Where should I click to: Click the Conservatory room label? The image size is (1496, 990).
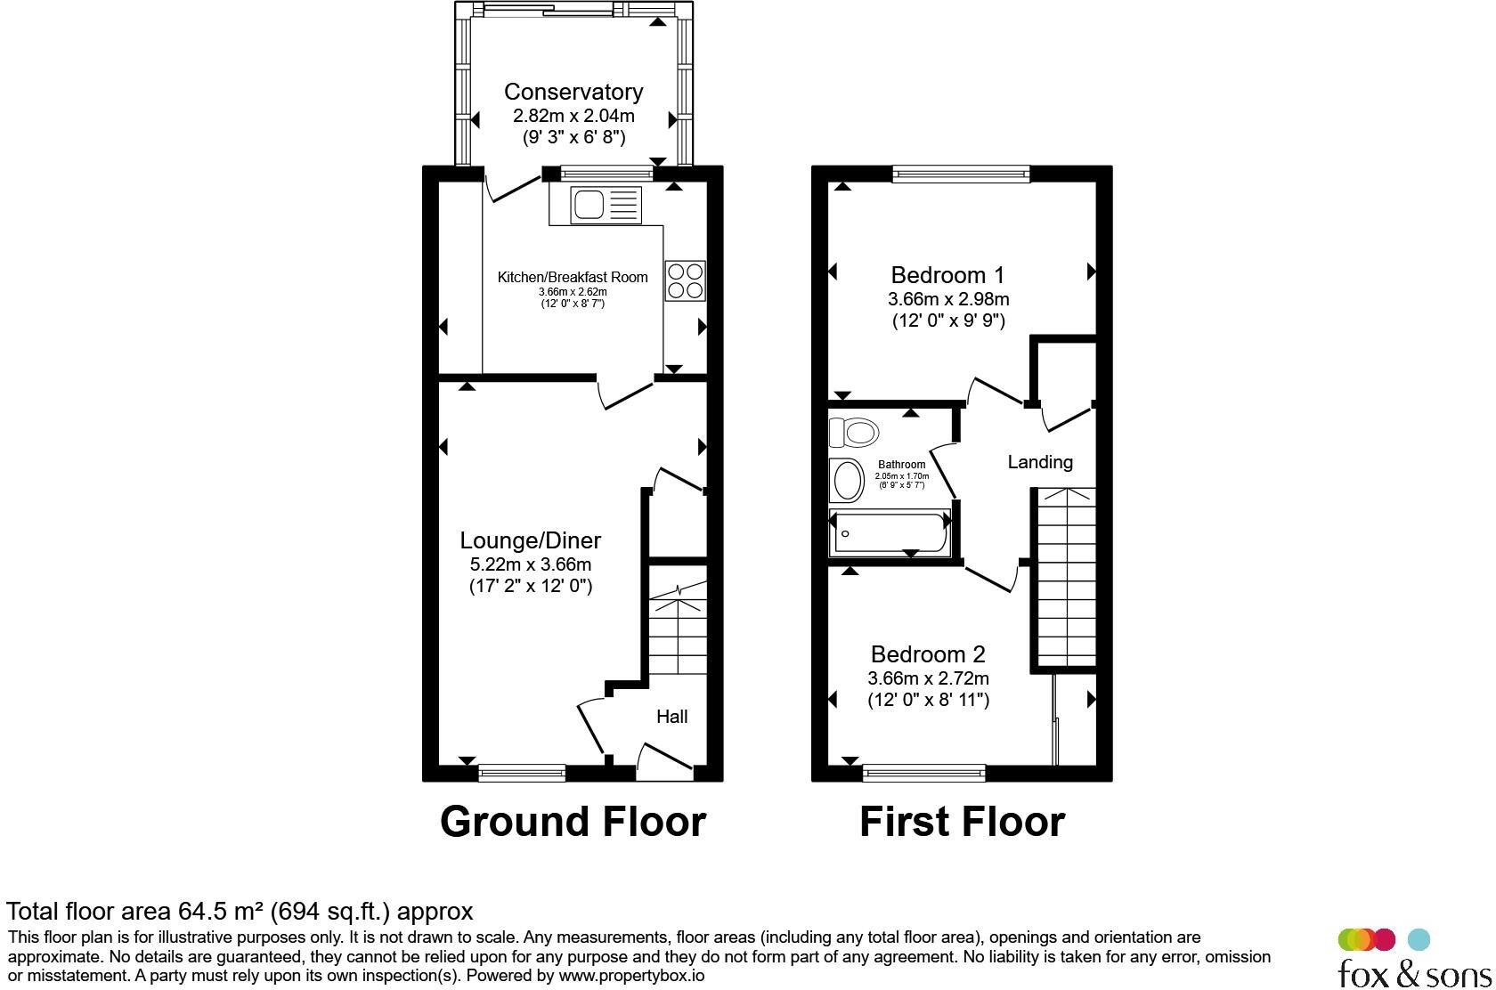(x=573, y=92)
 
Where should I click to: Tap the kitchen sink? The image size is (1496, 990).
(x=606, y=205)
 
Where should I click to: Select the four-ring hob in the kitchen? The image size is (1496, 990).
(x=686, y=280)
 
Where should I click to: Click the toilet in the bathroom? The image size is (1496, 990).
(x=853, y=433)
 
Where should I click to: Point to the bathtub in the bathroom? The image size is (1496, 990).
(x=890, y=532)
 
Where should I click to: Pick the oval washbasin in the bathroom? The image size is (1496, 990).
(x=846, y=480)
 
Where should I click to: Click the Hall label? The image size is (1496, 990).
(x=671, y=717)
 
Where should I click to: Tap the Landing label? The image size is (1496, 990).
(x=1040, y=462)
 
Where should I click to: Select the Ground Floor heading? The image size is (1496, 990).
(x=573, y=821)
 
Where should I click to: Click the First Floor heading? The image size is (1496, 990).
(x=962, y=821)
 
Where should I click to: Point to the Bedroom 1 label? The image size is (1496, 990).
(x=947, y=275)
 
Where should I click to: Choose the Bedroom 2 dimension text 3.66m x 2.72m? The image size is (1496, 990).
(x=928, y=678)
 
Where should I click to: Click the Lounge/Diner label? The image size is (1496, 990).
(x=531, y=540)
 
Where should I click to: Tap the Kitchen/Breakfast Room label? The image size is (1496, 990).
(x=573, y=277)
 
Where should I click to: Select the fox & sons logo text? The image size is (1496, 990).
(x=1414, y=974)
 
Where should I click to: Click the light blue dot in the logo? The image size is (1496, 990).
(x=1419, y=940)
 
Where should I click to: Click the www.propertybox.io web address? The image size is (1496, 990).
(x=631, y=976)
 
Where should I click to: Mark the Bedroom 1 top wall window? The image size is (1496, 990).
(x=961, y=174)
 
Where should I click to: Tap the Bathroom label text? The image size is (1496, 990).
(x=901, y=464)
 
